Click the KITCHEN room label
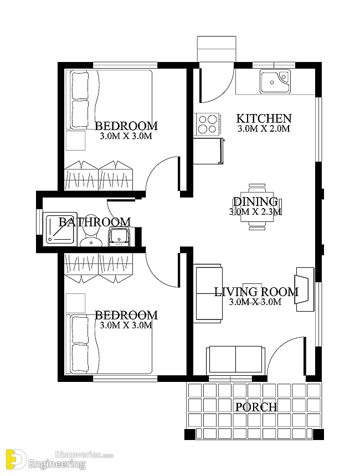pos(264,118)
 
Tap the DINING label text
pos(255,201)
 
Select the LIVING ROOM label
pos(256,292)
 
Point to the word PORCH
pos(256,407)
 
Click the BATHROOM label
pos(95,222)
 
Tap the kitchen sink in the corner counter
pos(275,81)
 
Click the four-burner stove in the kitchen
pos(208,124)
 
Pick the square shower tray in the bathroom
pos(60,229)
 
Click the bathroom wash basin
pos(119,237)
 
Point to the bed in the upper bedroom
pos(111,99)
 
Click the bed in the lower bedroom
pos(111,344)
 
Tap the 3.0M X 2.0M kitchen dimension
pos(264,128)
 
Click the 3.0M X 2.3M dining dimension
pos(255,211)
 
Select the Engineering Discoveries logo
pos(58,459)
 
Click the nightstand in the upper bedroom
pos(75,140)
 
